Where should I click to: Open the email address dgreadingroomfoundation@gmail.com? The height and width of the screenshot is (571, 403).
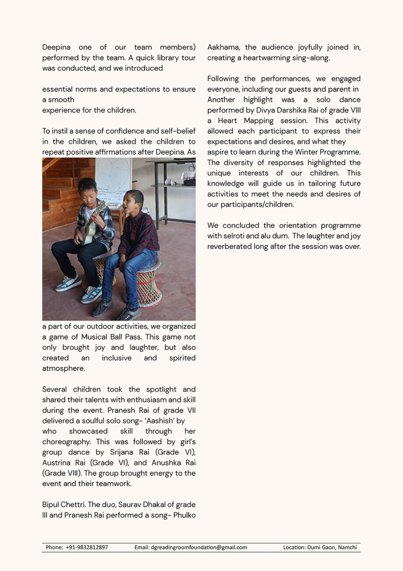point(199,547)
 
